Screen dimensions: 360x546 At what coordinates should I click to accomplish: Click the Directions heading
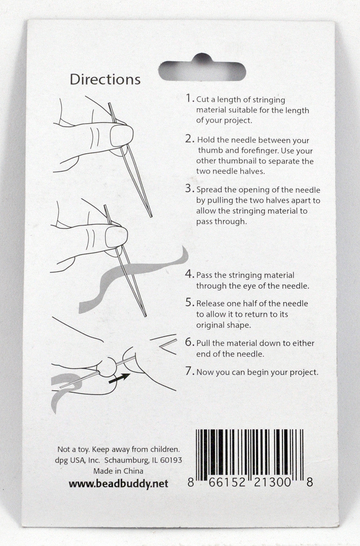105,80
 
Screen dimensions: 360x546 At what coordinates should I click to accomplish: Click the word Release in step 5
210,304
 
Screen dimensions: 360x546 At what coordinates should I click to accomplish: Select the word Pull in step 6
203,343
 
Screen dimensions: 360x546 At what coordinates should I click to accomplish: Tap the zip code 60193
171,460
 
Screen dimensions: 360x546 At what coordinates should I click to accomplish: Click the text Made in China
118,471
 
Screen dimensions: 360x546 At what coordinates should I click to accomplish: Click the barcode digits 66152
227,482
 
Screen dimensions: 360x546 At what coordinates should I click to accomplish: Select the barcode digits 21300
273,482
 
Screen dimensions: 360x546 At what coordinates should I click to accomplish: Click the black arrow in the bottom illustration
119,378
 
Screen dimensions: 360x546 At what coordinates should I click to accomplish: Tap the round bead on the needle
107,367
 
